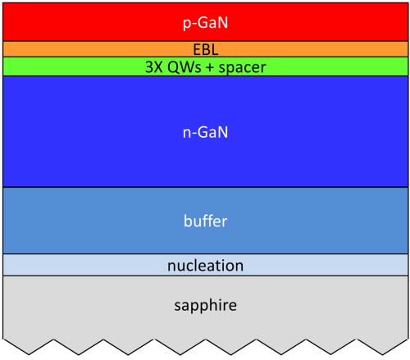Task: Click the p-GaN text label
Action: pos(205,21)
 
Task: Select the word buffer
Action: pos(205,221)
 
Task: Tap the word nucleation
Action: pos(205,266)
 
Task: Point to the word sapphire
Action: pos(205,306)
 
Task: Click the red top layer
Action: pos(82,21)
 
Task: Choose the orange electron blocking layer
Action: pos(82,49)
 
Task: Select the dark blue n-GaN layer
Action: pos(82,131)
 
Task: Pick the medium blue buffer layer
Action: pos(82,221)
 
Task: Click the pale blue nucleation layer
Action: pos(82,265)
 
